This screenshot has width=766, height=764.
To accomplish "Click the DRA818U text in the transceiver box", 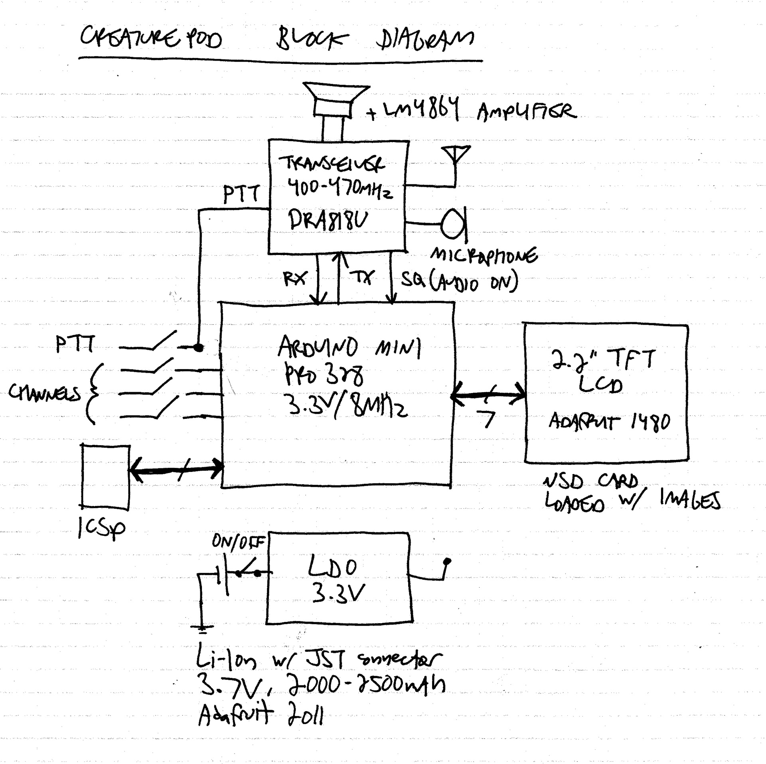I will point(328,221).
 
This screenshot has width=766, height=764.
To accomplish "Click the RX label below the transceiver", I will point(295,278).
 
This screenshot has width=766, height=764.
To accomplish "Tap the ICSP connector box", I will point(106,477).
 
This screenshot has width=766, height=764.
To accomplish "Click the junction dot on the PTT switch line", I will point(198,348).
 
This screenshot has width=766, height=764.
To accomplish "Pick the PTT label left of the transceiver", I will point(241,194).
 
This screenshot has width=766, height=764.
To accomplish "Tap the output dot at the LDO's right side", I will point(447,561).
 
